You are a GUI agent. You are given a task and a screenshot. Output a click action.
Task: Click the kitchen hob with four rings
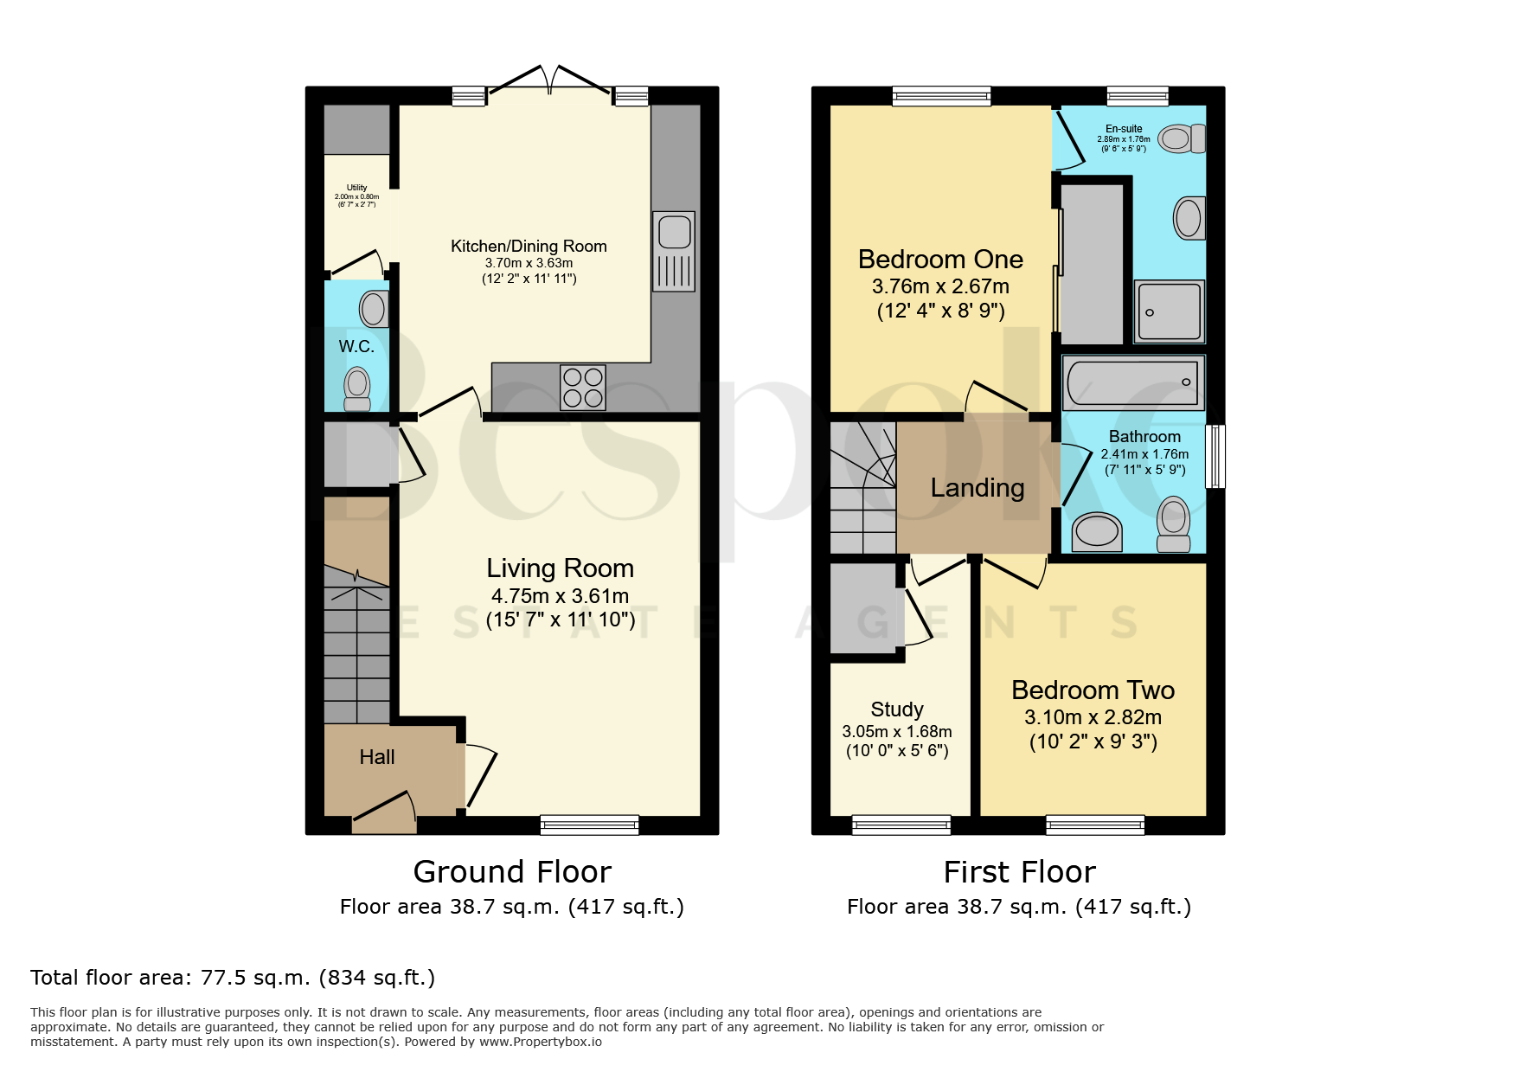tap(583, 387)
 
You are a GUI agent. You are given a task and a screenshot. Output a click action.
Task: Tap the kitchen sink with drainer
tap(674, 251)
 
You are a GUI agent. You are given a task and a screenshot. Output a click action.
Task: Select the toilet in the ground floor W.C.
tap(357, 388)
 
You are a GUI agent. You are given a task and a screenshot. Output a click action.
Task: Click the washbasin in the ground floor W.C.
tap(375, 309)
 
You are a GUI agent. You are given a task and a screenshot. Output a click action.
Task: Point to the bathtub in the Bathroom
tap(1133, 382)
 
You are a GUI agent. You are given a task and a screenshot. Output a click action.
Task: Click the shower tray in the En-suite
tap(1170, 311)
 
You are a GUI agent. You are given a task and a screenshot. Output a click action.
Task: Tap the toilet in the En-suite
tap(1182, 138)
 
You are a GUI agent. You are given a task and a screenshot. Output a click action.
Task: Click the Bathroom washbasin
tap(1097, 531)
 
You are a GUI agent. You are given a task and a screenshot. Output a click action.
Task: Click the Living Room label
tap(560, 568)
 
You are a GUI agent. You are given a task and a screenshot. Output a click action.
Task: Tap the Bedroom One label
tap(940, 260)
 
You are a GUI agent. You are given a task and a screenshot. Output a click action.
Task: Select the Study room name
tap(897, 709)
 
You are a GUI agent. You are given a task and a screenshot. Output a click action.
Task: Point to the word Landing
tap(978, 489)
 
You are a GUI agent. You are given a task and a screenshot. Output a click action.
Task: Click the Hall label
tap(377, 757)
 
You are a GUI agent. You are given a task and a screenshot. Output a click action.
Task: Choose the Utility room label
tap(356, 188)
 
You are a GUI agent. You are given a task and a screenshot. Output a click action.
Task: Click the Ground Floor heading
tap(512, 872)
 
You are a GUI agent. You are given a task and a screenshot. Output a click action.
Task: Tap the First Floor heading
tap(1020, 872)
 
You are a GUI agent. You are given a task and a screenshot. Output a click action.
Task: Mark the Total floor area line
tap(233, 978)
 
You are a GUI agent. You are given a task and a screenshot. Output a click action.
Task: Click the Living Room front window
tap(589, 825)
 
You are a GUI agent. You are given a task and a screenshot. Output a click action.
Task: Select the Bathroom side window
tap(1215, 456)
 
